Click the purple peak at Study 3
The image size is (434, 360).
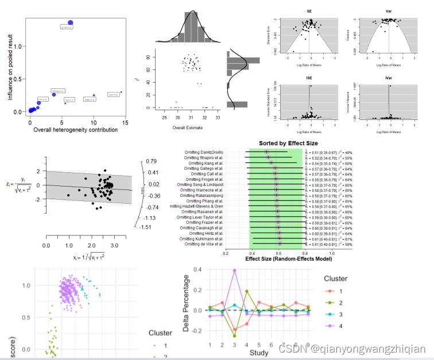click(x=234, y=270)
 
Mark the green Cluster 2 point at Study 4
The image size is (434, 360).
click(x=247, y=291)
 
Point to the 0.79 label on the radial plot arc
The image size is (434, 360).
click(x=152, y=161)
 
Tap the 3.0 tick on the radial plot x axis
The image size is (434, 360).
click(x=115, y=245)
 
